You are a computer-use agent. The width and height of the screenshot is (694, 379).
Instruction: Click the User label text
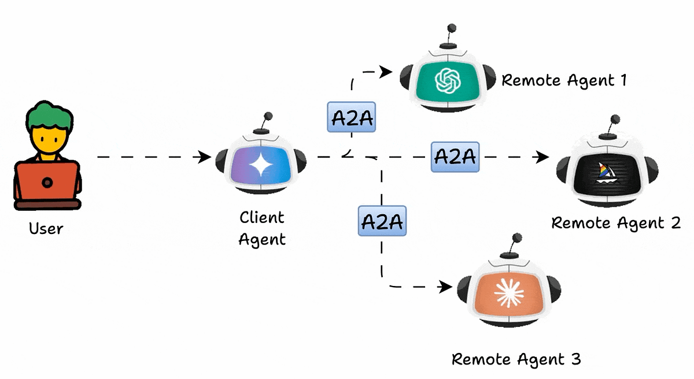point(46,228)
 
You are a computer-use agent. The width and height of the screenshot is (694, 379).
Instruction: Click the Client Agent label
point(262,228)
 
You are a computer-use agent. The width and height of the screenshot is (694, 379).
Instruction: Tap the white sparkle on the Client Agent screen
point(261,165)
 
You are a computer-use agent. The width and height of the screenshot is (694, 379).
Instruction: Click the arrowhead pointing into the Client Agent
point(205,157)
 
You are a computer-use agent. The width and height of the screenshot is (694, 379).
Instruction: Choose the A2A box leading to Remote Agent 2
point(455,157)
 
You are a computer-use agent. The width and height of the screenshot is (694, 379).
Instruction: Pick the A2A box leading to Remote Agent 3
point(382,220)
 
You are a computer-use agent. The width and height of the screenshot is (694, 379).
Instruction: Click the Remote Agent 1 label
point(564,80)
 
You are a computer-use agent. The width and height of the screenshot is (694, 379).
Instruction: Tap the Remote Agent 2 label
point(616,222)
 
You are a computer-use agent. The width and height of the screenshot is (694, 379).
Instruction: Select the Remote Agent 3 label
point(516,359)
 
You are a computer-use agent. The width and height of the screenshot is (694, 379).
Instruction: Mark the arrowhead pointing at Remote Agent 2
point(542,157)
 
